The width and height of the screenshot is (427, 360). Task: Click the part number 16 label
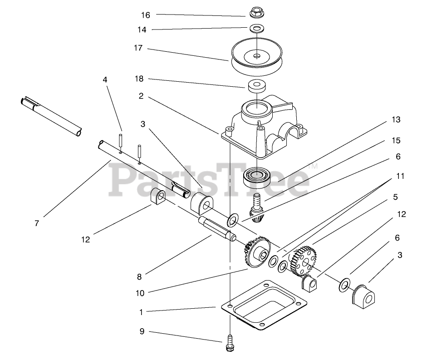pyautogui.click(x=145, y=15)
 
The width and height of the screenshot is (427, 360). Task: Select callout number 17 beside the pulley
pyautogui.click(x=138, y=48)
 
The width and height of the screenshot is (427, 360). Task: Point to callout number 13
pyautogui.click(x=396, y=120)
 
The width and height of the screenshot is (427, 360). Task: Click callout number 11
pyautogui.click(x=400, y=176)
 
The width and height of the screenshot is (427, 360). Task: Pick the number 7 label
pyautogui.click(x=37, y=223)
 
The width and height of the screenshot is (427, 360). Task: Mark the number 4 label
pyautogui.click(x=105, y=79)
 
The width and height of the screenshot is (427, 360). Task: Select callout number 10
pyautogui.click(x=140, y=293)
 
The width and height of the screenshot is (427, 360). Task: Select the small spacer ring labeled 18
pyautogui.click(x=257, y=85)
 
